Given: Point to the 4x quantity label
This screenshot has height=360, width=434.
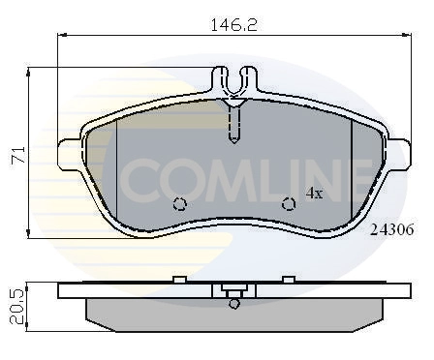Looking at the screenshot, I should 314,193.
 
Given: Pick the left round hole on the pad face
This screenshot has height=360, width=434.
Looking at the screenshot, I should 178,204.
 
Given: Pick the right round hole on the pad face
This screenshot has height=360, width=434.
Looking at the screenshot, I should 288,204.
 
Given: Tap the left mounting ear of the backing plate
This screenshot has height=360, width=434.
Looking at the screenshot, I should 70,151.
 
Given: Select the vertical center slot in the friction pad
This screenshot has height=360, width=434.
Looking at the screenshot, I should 232,124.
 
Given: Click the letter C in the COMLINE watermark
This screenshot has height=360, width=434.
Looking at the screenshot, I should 145,178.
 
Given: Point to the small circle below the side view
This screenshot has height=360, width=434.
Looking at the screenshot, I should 232,304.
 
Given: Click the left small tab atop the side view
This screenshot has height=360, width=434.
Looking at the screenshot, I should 178,280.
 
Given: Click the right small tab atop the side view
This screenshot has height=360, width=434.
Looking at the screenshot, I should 288,280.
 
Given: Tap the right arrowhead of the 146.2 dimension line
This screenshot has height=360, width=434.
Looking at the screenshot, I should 401,34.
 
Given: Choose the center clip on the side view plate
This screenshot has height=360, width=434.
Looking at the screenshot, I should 232,289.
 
